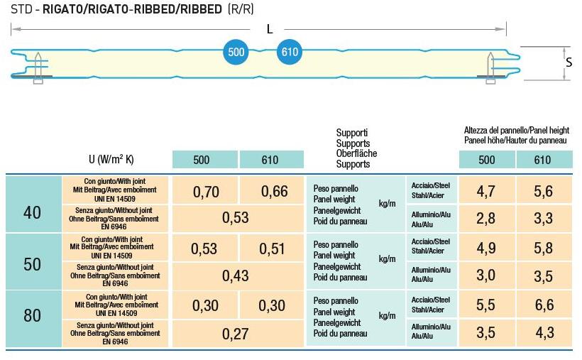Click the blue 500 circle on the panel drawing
pos(236,53)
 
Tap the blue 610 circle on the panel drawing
pos(290,53)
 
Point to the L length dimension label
pos(269,29)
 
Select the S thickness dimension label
pos(569,62)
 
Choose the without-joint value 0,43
pos(236,276)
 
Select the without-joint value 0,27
pos(236,332)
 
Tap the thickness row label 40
pos(33,212)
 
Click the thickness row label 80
pos(33,315)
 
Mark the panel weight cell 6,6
pos(543,305)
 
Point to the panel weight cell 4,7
pos(486,191)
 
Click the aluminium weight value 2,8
pos(486,219)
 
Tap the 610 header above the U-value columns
pos(270,160)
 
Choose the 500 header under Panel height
pos(487,160)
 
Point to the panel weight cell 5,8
pos(543,249)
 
